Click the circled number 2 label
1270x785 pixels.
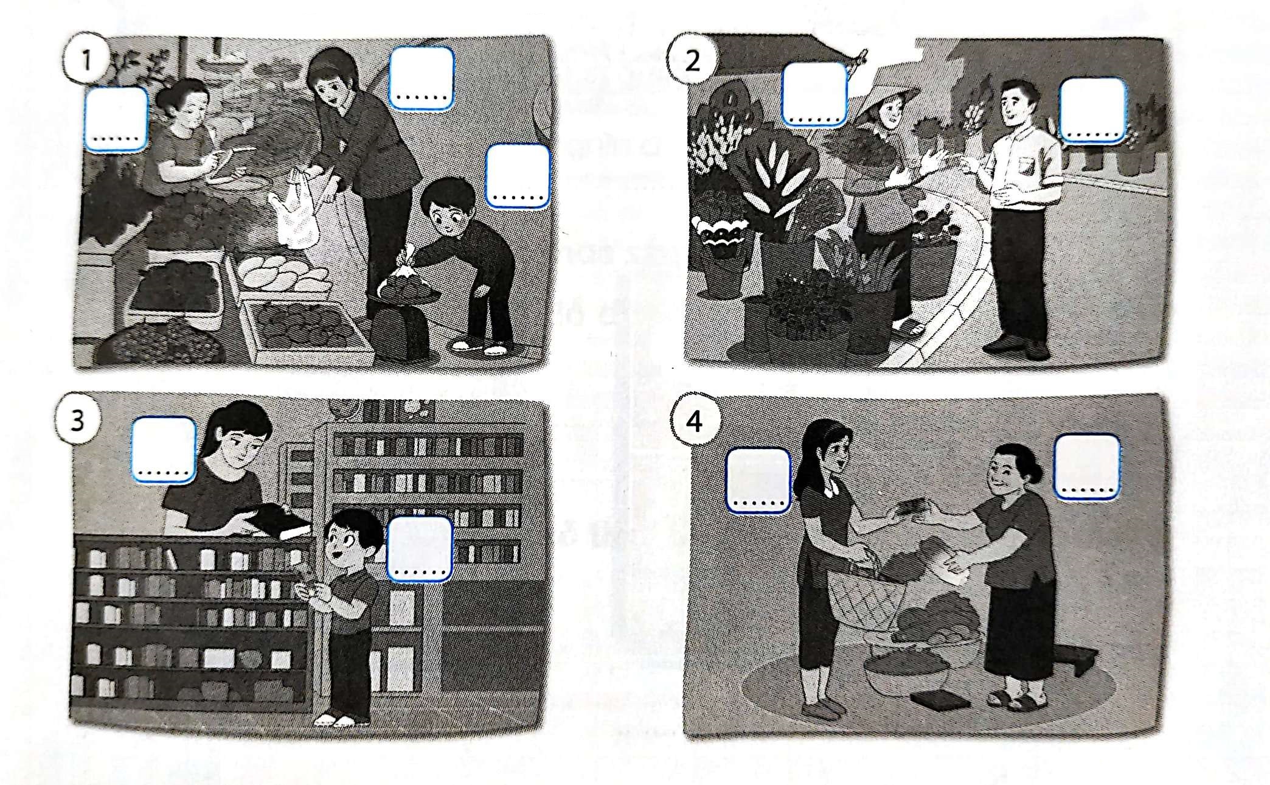692,61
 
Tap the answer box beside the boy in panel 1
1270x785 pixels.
518,176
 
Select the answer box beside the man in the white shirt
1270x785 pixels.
1093,112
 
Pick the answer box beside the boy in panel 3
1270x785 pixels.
420,549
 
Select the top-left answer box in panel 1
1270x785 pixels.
116,119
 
